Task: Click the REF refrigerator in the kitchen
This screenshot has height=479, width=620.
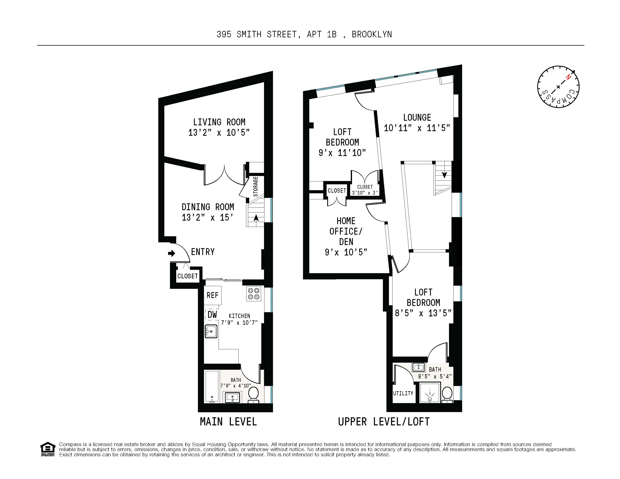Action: point(212,295)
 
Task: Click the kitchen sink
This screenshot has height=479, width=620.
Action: point(211,331)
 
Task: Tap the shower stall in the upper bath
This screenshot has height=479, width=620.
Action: point(430,393)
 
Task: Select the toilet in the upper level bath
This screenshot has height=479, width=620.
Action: point(447,394)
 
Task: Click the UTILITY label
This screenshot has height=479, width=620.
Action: point(403,394)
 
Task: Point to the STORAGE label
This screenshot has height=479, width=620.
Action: point(255,187)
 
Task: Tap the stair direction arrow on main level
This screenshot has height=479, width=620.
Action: point(256,218)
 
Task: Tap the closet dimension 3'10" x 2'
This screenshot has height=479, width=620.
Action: point(365,192)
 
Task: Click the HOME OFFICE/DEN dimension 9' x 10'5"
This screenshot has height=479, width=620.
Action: point(346,252)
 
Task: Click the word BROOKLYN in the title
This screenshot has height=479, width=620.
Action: point(372,34)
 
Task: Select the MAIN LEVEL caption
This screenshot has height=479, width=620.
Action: point(228,422)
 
